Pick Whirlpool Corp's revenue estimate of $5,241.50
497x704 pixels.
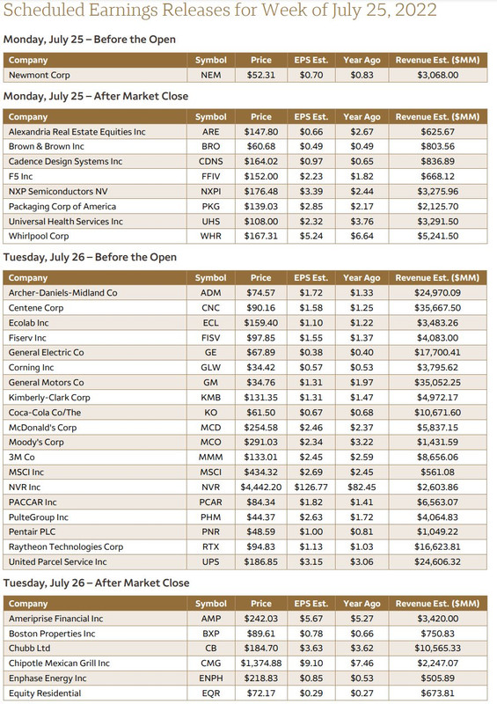point(437,236)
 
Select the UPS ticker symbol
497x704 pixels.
point(210,561)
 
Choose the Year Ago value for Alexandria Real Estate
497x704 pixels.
point(362,132)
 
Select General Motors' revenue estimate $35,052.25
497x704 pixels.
point(437,383)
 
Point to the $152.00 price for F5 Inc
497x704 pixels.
point(261,176)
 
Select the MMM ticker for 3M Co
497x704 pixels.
point(210,458)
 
